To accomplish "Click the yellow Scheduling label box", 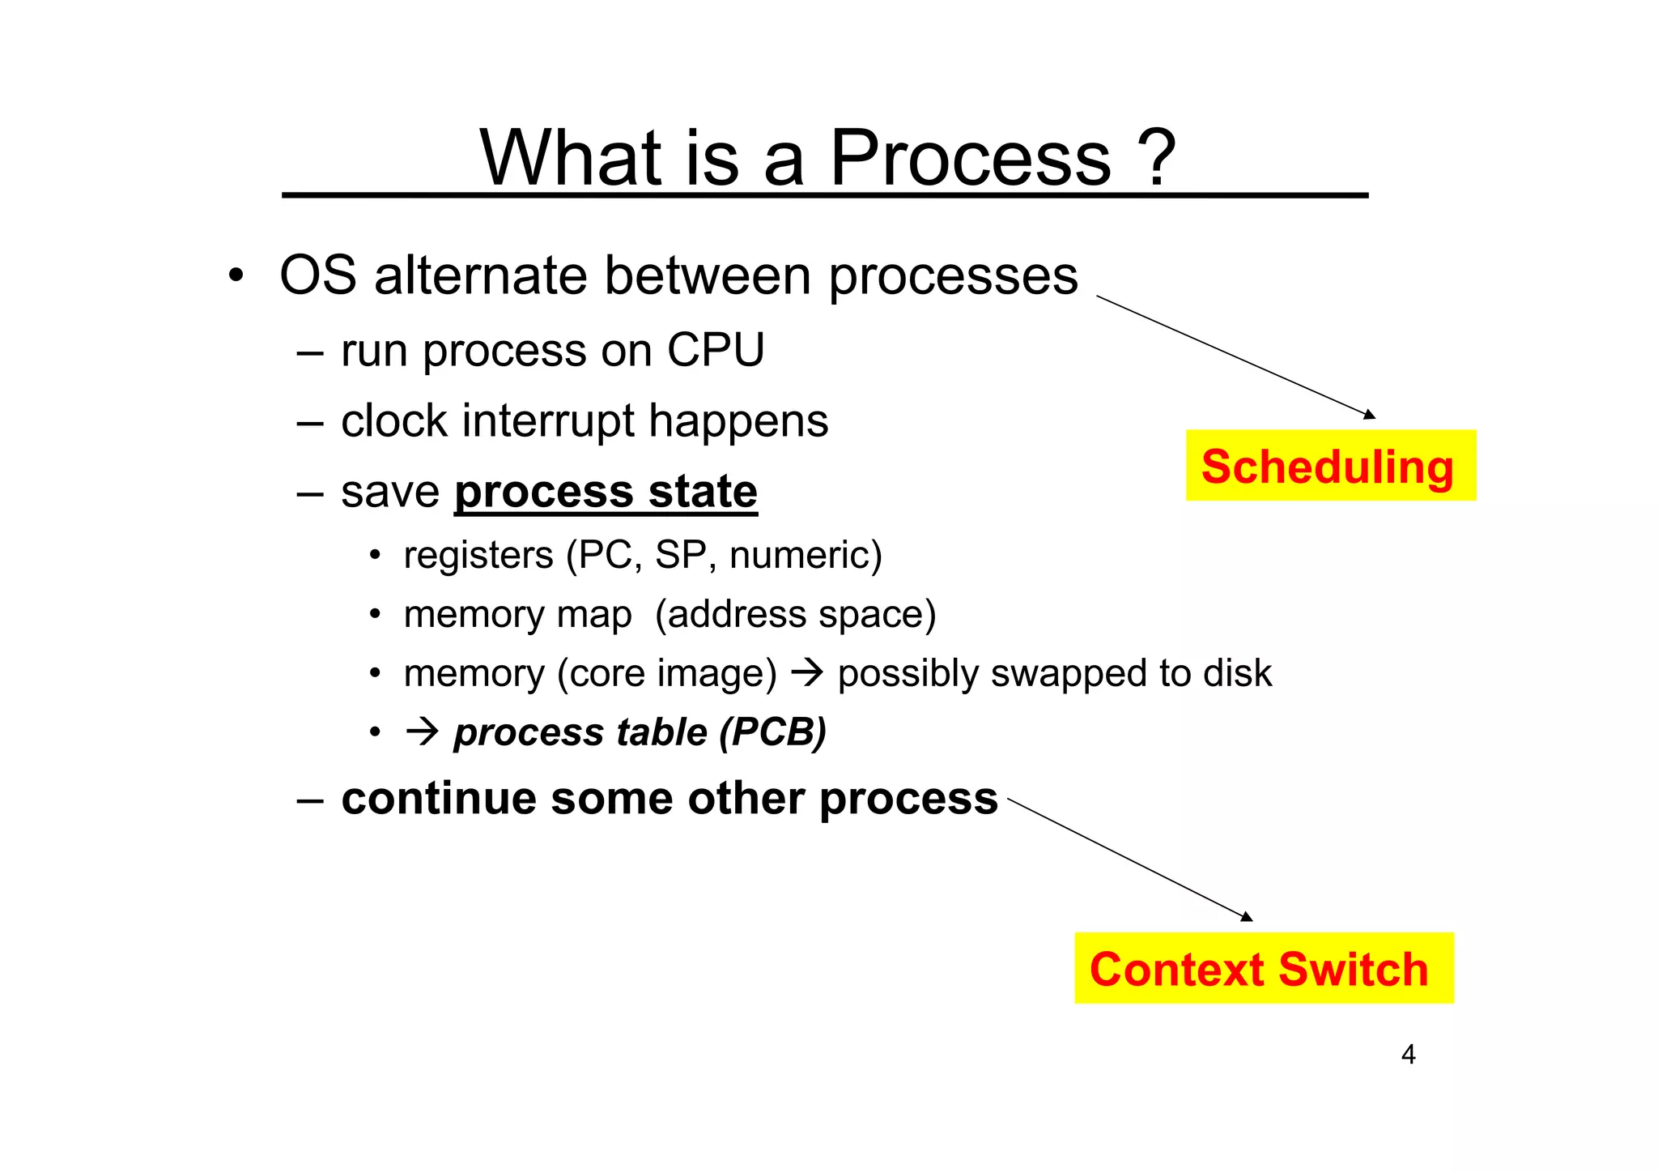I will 1330,466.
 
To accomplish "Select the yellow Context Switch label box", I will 1263,968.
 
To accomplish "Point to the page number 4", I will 1408,1055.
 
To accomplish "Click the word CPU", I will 715,350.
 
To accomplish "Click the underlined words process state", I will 606,492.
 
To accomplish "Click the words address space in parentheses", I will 796,614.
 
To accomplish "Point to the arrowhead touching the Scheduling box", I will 1370,415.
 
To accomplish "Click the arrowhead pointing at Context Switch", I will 1247,916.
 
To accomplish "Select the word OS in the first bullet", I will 317,275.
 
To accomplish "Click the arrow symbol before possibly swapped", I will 806,673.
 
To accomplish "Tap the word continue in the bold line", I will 439,799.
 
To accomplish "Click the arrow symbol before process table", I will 422,732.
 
